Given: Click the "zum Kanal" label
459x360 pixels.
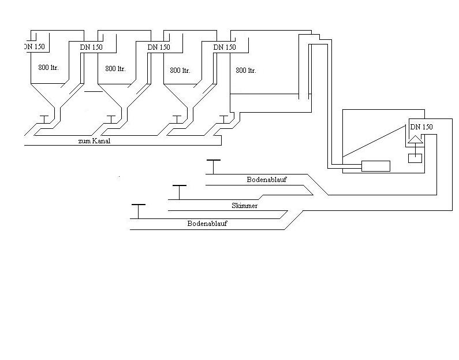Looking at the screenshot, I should point(94,140).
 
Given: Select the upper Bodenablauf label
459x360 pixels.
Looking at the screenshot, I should point(267,180).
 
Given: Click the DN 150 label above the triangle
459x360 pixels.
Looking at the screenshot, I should point(421,127).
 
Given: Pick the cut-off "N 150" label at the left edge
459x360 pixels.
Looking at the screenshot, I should point(35,47).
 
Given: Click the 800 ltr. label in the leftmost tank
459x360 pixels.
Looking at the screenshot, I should point(48,68).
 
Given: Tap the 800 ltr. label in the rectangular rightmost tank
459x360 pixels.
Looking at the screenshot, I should point(246,70).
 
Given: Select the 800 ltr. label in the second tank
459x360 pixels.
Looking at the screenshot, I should point(115,68).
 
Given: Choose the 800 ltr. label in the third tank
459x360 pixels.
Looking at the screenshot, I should point(180,70).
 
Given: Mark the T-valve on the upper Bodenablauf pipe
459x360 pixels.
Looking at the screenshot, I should point(213,166).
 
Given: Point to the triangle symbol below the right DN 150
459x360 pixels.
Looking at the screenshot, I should point(415,139).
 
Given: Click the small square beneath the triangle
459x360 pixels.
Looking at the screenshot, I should point(415,158).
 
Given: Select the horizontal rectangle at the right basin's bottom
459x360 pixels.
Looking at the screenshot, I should point(375,166).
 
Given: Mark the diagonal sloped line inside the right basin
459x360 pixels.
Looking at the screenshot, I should point(373,142).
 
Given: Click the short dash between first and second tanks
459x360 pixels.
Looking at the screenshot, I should point(92,91).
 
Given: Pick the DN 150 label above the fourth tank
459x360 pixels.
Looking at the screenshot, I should point(225,47).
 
